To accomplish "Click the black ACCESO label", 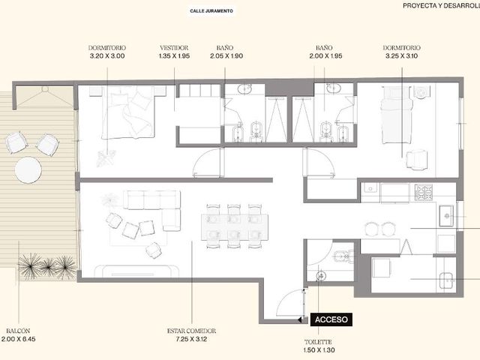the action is point(331,319).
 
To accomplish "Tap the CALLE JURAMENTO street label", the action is point(211,11).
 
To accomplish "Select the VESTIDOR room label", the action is point(174,48).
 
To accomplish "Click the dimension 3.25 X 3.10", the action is point(402,56).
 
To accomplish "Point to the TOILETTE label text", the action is point(318,342).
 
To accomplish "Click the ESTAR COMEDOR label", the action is point(192,331).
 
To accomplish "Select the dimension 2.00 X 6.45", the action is point(18,339).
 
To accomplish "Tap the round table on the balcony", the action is point(28,170).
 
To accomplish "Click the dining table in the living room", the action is point(235,227).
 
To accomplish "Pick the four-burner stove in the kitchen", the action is point(424,192).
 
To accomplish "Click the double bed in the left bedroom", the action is point(128,112).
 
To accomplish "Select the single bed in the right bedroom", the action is point(395,115).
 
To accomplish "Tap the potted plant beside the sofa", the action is point(109,200).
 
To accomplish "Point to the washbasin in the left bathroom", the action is point(244,89).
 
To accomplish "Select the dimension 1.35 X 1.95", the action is point(174,56).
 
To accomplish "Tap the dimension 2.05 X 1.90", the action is point(226,56).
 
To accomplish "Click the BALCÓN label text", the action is point(18,331).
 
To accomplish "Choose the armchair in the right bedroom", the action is point(416,159).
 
